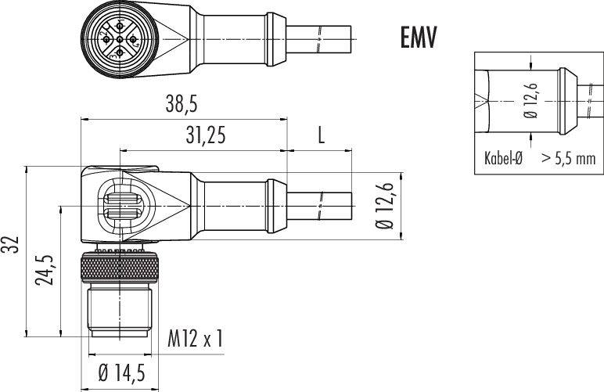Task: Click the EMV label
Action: pyautogui.click(x=419, y=38)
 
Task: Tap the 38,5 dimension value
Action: pyautogui.click(x=182, y=104)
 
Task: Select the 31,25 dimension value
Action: pyautogui.click(x=205, y=135)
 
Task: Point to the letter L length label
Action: pyautogui.click(x=321, y=135)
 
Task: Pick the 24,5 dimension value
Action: pyautogui.click(x=45, y=270)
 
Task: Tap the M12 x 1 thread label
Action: pyautogui.click(x=196, y=338)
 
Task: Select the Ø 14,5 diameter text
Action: pyautogui.click(x=122, y=372)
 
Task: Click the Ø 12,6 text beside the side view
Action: pyautogui.click(x=386, y=206)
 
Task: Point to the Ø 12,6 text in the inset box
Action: pyautogui.click(x=531, y=101)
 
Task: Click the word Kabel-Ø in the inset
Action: pyautogui.click(x=503, y=158)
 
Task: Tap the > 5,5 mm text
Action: pyautogui.click(x=569, y=158)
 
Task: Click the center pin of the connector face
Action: pyautogui.click(x=120, y=39)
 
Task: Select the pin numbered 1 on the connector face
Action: pyautogui.click(x=120, y=26)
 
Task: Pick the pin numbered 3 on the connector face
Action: pyautogui.click(x=120, y=52)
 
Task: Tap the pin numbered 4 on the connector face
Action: pyautogui.click(x=133, y=39)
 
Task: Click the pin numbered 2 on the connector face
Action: pyautogui.click(x=106, y=39)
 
